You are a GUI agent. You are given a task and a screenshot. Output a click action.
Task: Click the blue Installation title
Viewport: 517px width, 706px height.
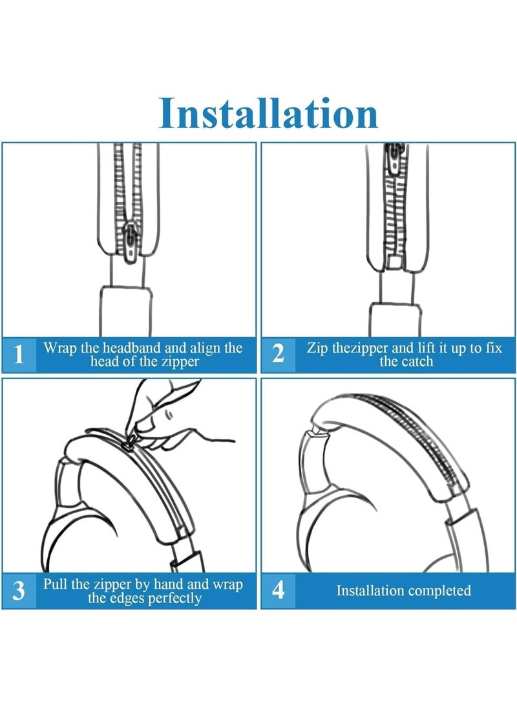[268, 113]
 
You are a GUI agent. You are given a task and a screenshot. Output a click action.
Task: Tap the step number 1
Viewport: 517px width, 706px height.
[19, 355]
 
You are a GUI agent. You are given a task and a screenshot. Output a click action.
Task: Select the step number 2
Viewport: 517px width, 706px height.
[279, 355]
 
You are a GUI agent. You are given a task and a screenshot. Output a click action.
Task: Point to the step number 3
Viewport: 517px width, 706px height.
[19, 590]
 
